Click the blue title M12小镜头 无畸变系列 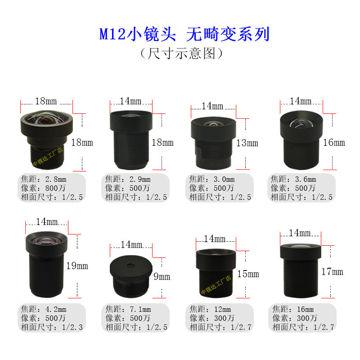click(x=184, y=34)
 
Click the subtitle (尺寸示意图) click(x=182, y=54)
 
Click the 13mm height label click(x=247, y=143)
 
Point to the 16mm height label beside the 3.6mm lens click(x=333, y=142)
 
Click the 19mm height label click(x=77, y=265)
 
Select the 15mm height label click(x=248, y=273)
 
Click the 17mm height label click(x=332, y=271)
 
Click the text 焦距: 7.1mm click(x=128, y=309)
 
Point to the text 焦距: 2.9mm click(x=128, y=180)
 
